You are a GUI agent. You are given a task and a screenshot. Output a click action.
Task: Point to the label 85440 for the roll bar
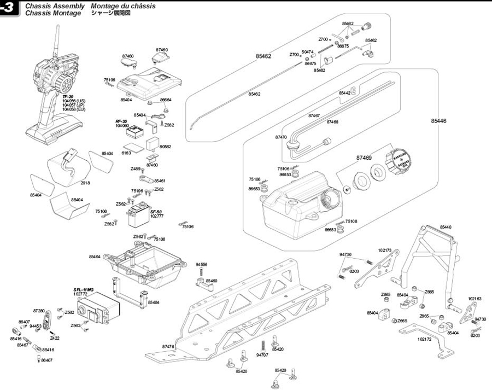click(x=446, y=226)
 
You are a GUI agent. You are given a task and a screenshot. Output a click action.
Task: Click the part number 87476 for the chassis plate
click(x=168, y=346)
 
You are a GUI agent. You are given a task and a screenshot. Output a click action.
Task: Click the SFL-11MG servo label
click(x=84, y=289)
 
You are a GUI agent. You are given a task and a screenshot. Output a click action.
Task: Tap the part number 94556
click(x=201, y=264)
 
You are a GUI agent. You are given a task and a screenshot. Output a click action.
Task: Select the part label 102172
click(x=424, y=339)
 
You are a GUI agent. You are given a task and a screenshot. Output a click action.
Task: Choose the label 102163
click(x=475, y=299)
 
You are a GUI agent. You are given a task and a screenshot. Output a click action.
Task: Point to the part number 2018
click(x=85, y=183)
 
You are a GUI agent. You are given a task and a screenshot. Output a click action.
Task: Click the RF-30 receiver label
click(x=121, y=121)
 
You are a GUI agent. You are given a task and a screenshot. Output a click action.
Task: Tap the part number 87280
click(x=38, y=310)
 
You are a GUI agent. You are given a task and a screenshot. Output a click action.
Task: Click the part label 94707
click(x=263, y=355)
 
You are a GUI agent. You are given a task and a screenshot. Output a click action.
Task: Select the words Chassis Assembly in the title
click(x=55, y=5)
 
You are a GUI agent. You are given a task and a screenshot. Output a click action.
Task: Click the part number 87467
click(x=314, y=115)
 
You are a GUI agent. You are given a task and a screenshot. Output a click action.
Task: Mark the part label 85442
click(x=345, y=94)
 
